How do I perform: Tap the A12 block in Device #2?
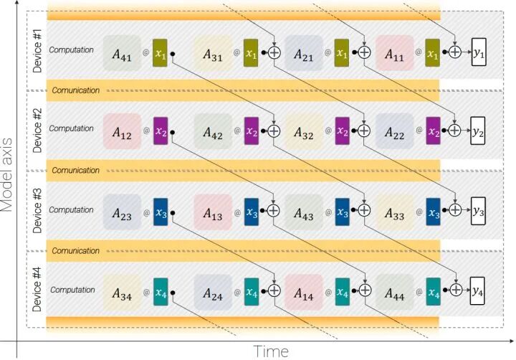tap(121, 132)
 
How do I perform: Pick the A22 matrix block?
tap(393, 132)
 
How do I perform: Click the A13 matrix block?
tap(213, 213)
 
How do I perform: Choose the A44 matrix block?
tap(395, 293)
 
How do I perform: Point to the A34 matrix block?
tap(121, 293)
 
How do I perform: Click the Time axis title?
tap(271, 351)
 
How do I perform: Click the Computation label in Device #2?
tap(72, 129)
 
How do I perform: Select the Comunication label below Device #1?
tap(75, 90)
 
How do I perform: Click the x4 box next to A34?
tap(160, 293)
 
